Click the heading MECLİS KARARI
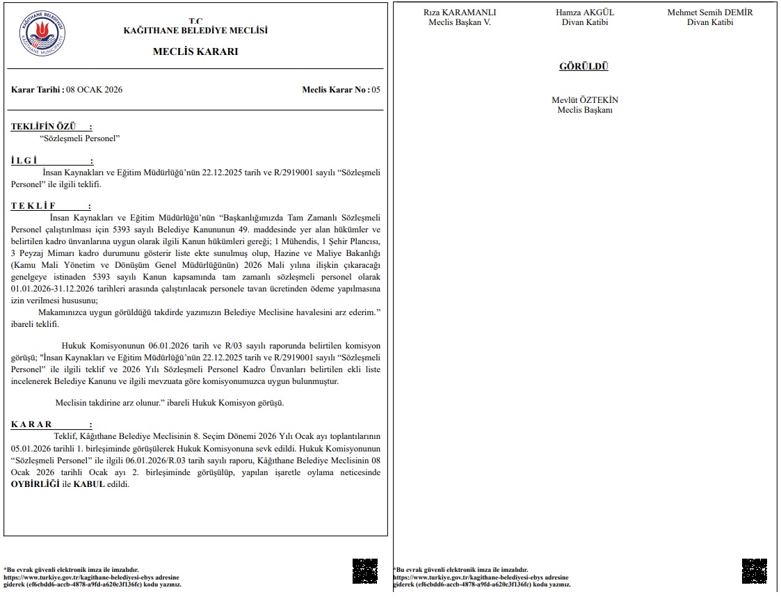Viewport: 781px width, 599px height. point(195,51)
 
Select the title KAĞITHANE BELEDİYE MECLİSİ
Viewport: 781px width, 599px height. point(195,31)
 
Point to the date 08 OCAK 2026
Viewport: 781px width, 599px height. point(93,90)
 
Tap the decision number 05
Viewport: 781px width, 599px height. point(376,90)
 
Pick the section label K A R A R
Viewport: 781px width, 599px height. point(31,424)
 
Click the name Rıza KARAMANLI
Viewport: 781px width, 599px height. point(460,13)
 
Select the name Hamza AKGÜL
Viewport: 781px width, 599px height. point(585,13)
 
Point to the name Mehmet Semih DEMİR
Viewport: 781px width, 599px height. point(710,13)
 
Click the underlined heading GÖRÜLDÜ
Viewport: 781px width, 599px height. point(583,67)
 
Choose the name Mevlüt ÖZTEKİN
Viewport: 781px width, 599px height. point(585,100)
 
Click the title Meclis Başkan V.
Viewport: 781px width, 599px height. point(460,22)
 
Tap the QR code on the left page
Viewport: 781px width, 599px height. point(365,571)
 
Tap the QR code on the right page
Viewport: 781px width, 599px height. point(755,571)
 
